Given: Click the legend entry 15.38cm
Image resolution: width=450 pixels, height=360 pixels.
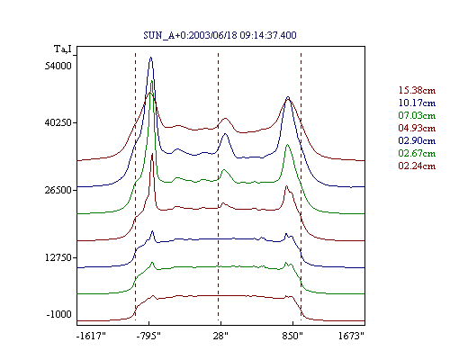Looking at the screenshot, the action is [417, 90].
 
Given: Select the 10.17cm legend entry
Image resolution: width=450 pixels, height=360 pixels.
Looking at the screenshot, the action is [417, 103].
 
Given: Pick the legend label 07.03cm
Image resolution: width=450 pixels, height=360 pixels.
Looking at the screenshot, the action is [417, 115].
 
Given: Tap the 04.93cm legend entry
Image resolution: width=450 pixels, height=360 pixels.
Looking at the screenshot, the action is [417, 128].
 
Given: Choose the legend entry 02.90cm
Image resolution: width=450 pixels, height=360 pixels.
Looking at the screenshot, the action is [417, 140].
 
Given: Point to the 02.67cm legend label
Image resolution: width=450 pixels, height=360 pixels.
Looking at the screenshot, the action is [417, 153].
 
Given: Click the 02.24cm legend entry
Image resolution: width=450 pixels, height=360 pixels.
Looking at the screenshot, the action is [417, 166].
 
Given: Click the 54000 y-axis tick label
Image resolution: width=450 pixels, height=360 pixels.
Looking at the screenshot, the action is [58, 66].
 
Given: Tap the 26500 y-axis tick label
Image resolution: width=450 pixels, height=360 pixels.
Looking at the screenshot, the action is [58, 190].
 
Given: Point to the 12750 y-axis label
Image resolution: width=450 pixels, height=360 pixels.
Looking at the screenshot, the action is [58, 257].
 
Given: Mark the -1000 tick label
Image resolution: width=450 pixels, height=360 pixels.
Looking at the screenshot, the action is [59, 314].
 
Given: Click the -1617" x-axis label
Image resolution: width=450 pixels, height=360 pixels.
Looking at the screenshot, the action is [91, 336].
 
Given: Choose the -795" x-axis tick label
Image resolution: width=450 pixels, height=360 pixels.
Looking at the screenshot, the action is [148, 336].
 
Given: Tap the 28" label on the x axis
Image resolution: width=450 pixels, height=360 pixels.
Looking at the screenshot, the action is [220, 336].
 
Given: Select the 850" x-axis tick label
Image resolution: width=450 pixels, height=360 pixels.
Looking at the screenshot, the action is [292, 336].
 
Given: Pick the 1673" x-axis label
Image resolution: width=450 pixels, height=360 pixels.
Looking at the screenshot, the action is [351, 336].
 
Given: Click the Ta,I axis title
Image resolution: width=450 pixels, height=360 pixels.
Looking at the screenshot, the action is [63, 49].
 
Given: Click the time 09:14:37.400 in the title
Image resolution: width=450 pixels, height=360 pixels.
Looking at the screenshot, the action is [268, 35].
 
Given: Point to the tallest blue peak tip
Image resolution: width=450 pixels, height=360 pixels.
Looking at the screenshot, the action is [151, 57].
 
